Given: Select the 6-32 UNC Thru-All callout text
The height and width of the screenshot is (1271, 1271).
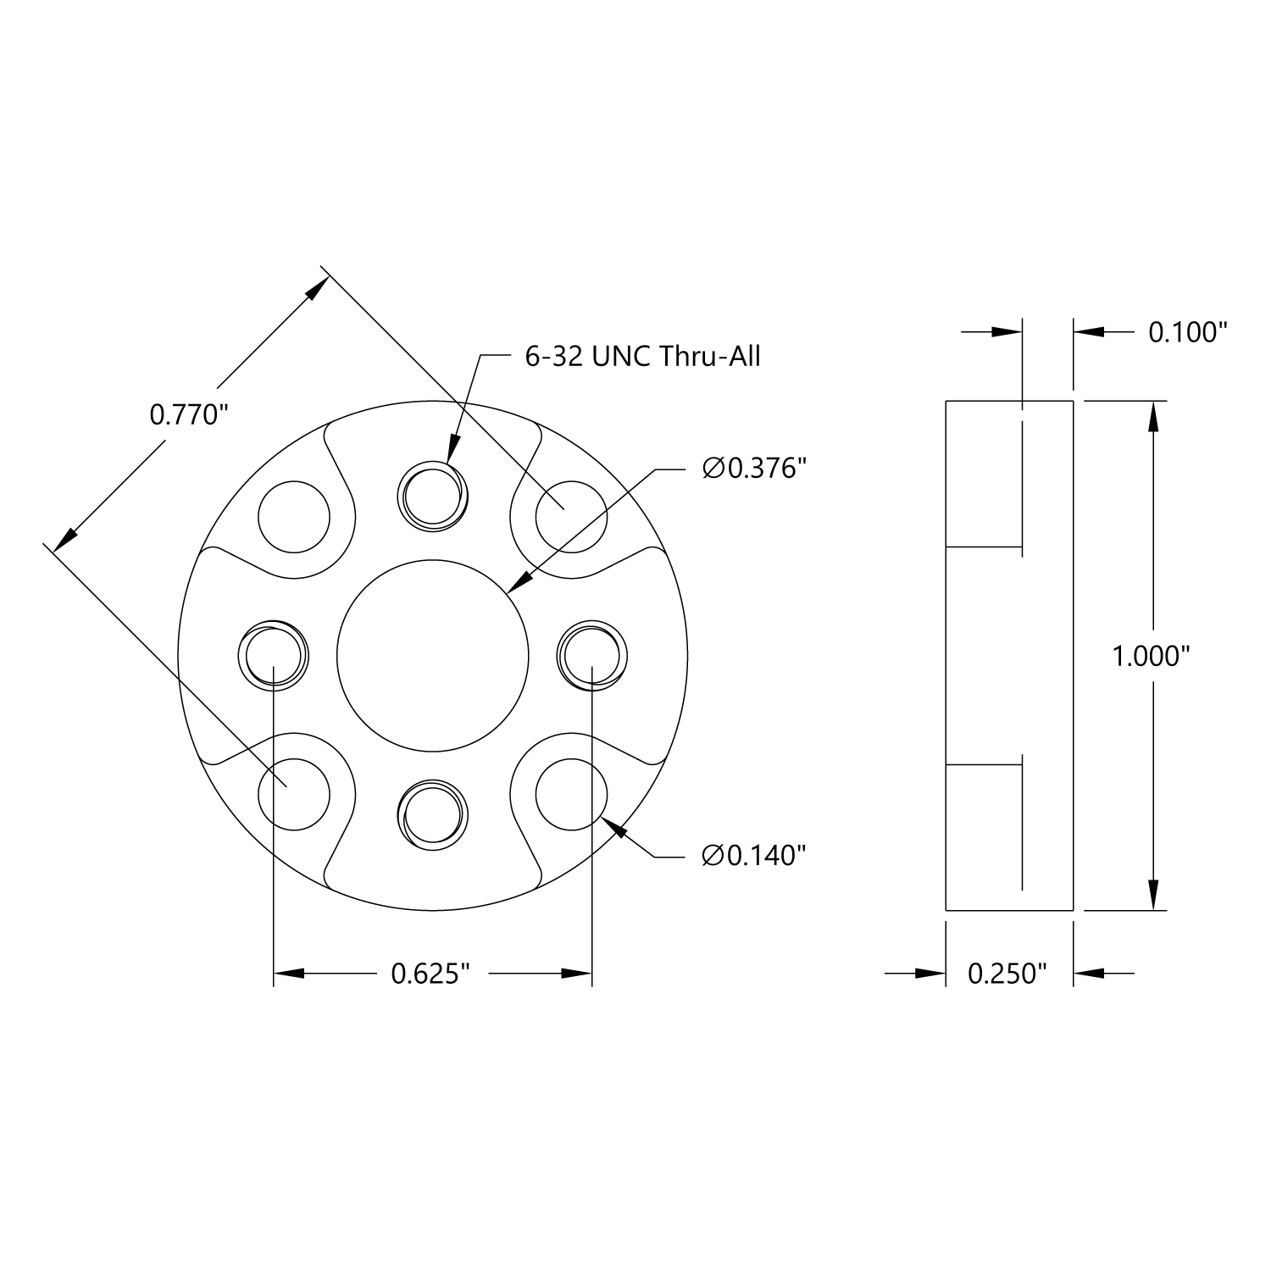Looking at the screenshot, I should pos(642,357).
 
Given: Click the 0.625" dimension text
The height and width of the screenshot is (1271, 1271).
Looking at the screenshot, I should pos(430,974).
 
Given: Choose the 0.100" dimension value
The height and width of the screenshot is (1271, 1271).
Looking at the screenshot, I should pos(1187,332).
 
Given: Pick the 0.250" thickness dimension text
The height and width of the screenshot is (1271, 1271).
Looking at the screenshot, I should pos(1007,974).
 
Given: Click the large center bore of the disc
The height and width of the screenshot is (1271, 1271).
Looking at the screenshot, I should pos(433,655).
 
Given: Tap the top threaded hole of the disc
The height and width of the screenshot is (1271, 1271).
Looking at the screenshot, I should pos(433,496).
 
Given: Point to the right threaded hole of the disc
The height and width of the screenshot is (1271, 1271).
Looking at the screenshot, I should pos(592,655).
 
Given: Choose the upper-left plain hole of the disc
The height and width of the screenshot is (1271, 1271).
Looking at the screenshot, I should pos(293,515).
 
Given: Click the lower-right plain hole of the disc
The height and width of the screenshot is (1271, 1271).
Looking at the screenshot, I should pos(572,795).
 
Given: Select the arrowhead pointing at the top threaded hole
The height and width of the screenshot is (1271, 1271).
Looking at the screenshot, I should pos(452,450).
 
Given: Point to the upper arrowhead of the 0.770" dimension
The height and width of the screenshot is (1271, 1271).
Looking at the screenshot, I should pos(314,289).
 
